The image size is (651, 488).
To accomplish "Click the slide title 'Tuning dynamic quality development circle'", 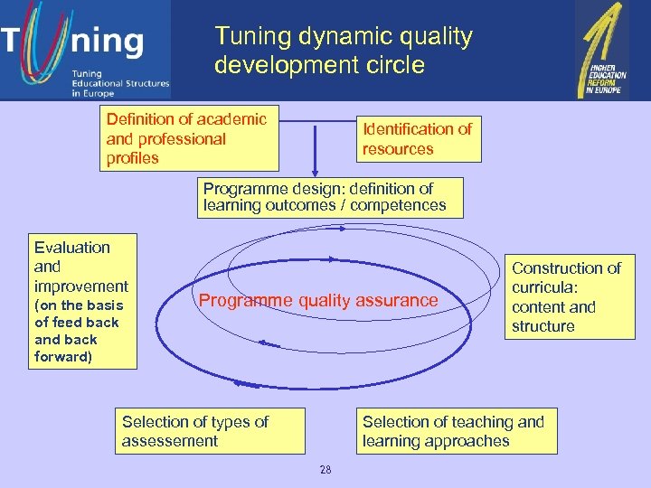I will tap(344, 51).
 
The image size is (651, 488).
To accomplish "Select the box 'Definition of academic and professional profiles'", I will tap(189, 138).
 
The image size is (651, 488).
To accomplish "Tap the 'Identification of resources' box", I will tap(417, 139).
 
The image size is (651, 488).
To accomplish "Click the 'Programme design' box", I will tap(331, 197).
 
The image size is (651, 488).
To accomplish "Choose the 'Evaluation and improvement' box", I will tap(82, 301).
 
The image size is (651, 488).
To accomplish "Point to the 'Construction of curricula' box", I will tap(569, 297).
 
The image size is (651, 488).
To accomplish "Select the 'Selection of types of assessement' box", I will tap(210, 431).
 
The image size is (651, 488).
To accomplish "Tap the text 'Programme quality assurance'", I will tap(318, 301).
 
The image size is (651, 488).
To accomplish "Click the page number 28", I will tap(325, 469).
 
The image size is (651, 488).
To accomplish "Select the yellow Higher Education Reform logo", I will tap(602, 49).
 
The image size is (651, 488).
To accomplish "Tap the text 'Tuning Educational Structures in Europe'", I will tap(120, 83).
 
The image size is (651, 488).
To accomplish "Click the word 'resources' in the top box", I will tap(398, 149).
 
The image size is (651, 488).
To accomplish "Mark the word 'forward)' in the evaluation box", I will tap(62, 357).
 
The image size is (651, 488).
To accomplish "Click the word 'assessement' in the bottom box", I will tap(170, 441).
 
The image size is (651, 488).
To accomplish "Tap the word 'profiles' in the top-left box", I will tap(133, 158).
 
